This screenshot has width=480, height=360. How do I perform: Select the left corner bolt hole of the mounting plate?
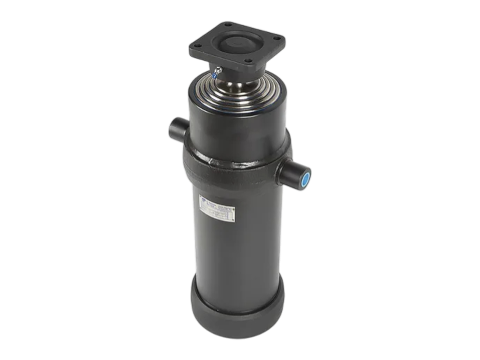tap(197, 46)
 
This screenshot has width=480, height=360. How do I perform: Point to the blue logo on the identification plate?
tap(204, 198)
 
